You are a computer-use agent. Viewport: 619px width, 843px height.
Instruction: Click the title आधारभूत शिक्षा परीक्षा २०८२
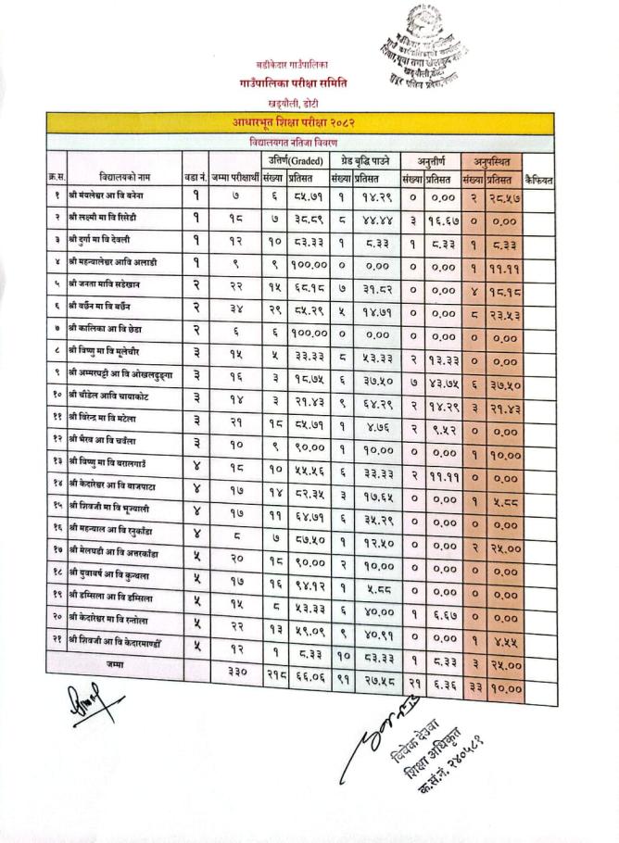click(294, 122)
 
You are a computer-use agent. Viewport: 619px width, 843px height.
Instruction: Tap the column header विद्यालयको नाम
click(124, 176)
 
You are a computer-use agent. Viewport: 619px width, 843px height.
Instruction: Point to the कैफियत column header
click(537, 176)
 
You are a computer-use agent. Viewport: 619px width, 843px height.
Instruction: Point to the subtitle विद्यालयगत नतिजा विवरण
click(293, 143)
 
